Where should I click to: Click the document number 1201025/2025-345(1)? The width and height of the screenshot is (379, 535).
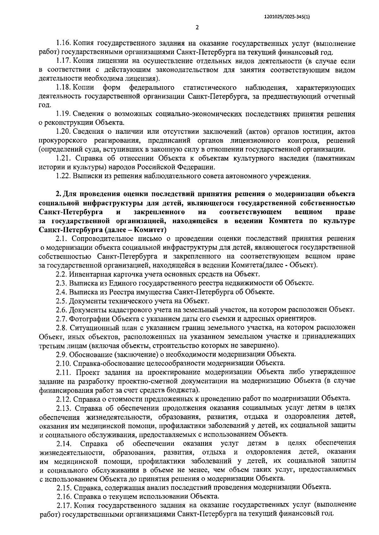click(286, 18)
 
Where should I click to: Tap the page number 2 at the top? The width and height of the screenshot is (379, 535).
click(197, 28)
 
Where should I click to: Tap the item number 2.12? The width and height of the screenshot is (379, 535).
click(63, 398)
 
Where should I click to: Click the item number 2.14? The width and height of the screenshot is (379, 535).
click(63, 443)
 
